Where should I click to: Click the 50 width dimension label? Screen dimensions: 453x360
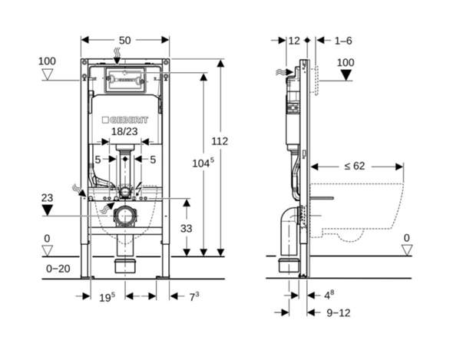[125, 41]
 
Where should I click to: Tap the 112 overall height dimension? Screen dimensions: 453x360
[220, 141]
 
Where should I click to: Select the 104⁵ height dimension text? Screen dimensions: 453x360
[203, 163]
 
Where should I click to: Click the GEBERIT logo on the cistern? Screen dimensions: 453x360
[125, 120]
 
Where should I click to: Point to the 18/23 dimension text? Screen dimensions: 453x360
[124, 131]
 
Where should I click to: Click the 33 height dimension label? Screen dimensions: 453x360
[187, 229]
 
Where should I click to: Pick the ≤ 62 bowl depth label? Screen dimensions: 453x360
[355, 166]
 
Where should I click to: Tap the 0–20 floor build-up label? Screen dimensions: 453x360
[58, 269]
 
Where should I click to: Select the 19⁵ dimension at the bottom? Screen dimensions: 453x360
[107, 297]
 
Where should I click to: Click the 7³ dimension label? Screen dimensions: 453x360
[194, 296]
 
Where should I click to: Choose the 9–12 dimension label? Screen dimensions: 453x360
[339, 313]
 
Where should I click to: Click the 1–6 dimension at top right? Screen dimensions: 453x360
[343, 41]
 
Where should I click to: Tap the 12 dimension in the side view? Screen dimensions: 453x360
[294, 41]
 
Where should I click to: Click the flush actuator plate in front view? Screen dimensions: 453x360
[124, 80]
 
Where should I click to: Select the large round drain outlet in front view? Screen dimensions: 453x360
[125, 216]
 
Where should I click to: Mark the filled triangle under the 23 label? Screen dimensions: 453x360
[48, 210]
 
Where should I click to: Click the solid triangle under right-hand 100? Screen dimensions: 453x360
[346, 75]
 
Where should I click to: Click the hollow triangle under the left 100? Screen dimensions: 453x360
[48, 74]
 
